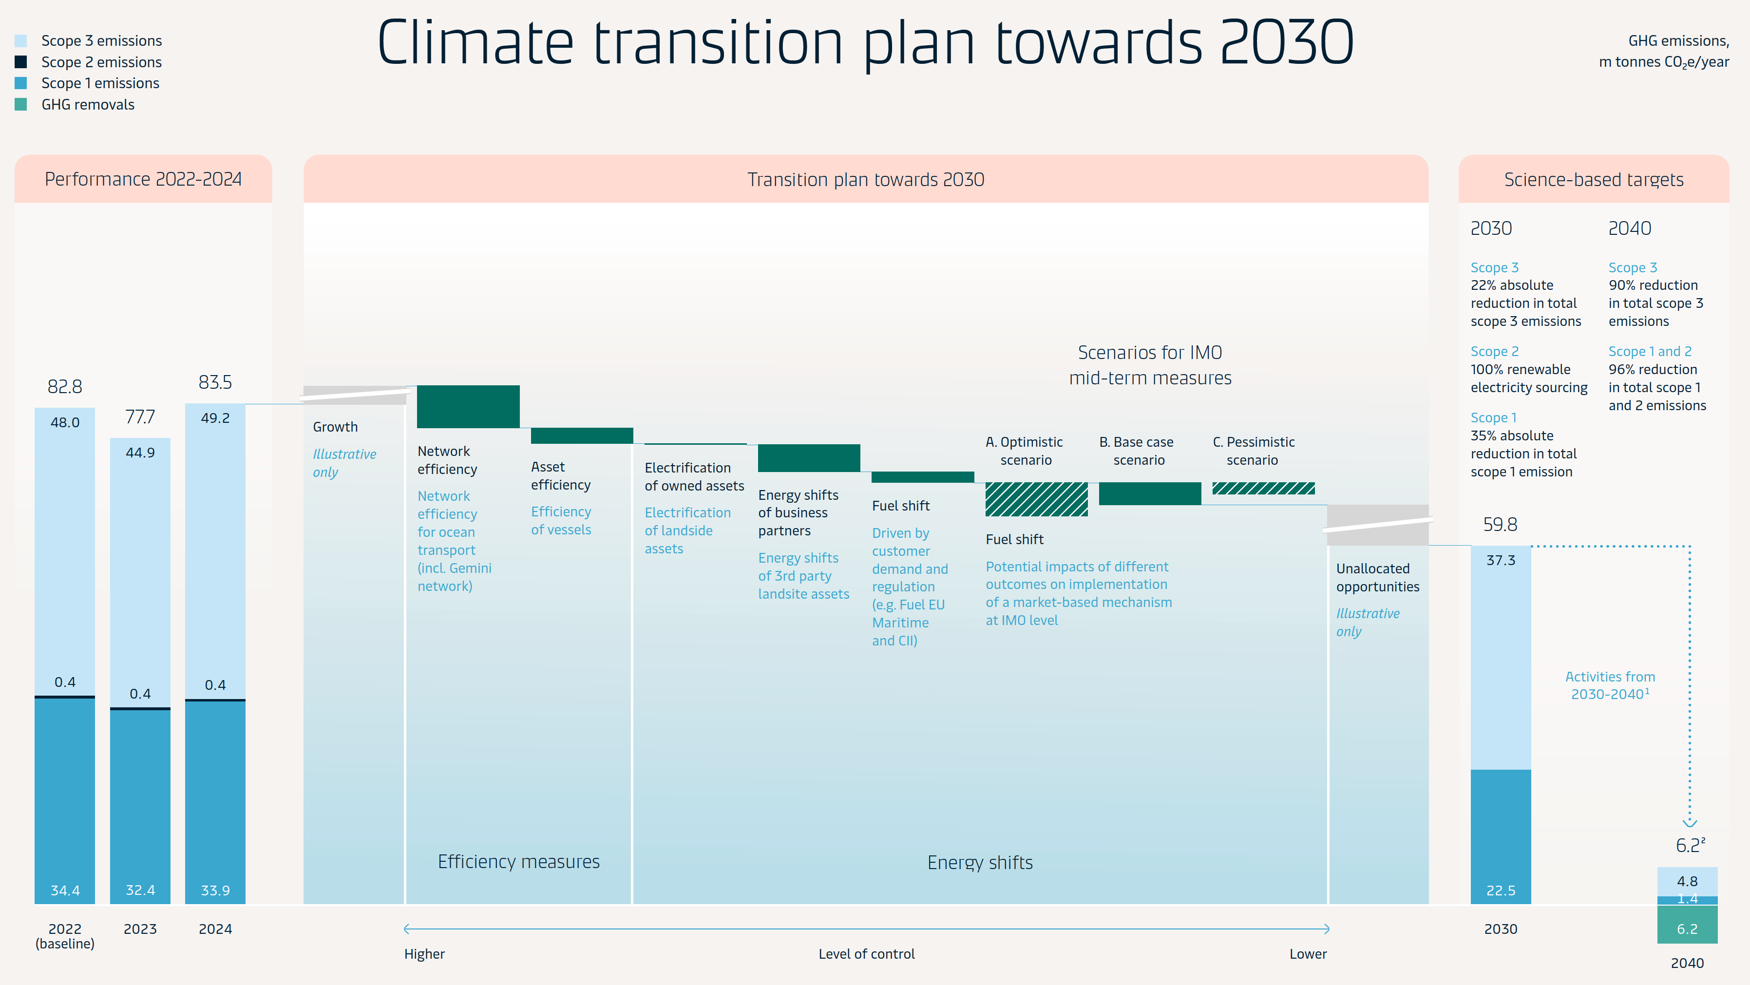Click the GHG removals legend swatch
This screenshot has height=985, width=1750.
(21, 105)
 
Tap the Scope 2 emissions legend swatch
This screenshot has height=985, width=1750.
(21, 62)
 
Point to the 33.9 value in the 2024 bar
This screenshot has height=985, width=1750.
(215, 890)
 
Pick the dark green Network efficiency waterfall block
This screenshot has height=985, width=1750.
(468, 406)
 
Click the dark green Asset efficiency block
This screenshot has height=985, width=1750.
(582, 436)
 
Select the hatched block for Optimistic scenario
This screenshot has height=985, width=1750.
(1036, 499)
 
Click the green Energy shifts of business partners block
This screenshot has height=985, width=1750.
(808, 458)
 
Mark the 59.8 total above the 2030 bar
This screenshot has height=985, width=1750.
(1500, 525)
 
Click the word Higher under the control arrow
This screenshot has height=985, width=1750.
(424, 954)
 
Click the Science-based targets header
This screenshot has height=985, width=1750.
(1593, 179)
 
